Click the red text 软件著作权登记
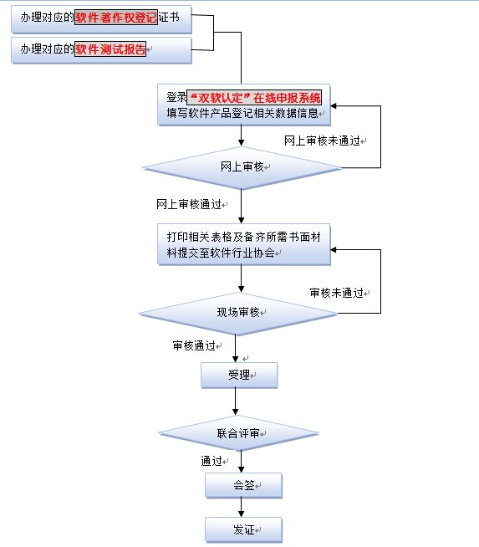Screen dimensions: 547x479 pyautogui.click(x=115, y=17)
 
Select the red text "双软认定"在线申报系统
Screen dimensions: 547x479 pyautogui.click(x=259, y=95)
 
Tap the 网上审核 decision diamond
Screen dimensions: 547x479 pyautogui.click(x=242, y=167)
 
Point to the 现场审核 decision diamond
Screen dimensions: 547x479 pyautogui.click(x=238, y=313)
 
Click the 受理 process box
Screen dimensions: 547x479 pyautogui.click(x=239, y=375)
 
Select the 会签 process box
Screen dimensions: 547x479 pyautogui.click(x=243, y=485)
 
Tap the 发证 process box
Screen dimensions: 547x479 pyautogui.click(x=243, y=529)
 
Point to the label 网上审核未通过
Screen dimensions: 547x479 pyautogui.click(x=321, y=141)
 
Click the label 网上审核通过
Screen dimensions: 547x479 pyautogui.click(x=188, y=204)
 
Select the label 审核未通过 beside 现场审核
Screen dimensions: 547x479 pyautogui.click(x=336, y=293)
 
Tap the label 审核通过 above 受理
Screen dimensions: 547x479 pyautogui.click(x=194, y=345)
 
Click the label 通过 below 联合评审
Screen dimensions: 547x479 pyautogui.click(x=211, y=461)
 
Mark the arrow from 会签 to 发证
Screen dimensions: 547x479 pyautogui.click(x=242, y=508)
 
